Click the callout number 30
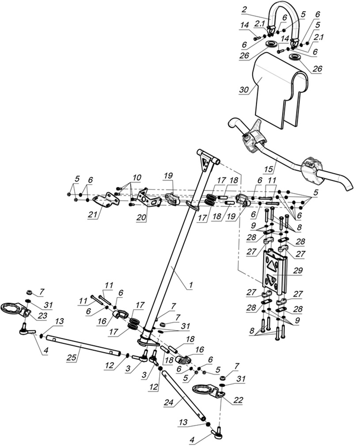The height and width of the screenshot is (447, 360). point(243,90)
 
